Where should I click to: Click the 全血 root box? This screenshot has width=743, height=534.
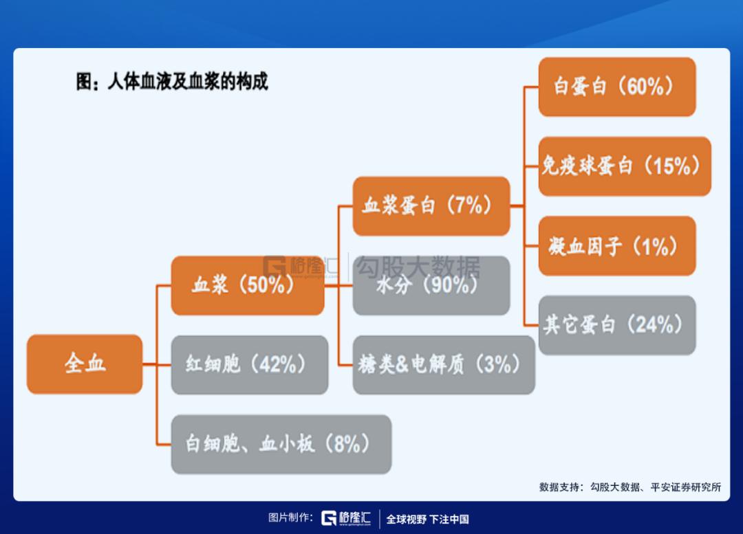tap(85, 364)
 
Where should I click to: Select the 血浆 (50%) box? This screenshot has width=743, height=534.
tap(248, 285)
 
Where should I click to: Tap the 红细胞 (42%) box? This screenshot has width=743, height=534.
tap(249, 364)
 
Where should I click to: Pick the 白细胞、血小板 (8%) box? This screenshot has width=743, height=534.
tap(281, 444)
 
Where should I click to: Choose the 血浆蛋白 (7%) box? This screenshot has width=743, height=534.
tap(431, 206)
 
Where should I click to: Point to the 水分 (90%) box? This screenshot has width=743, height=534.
tap(431, 285)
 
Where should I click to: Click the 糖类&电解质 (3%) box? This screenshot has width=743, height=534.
tap(444, 364)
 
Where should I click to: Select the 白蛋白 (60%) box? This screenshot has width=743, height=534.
tap(617, 87)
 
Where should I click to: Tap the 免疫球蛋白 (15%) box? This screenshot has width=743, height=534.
tap(625, 166)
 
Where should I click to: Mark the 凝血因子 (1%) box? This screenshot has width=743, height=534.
tap(617, 246)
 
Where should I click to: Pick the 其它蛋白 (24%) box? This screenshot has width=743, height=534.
tap(617, 325)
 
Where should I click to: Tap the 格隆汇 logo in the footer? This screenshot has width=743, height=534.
tap(346, 518)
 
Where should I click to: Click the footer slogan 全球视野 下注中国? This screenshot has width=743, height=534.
tap(427, 520)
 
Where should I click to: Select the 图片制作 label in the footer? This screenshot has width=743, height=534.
tap(290, 518)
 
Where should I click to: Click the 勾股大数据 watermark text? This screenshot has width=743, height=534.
tap(418, 267)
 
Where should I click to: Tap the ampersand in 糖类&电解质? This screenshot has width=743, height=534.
tap(401, 364)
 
